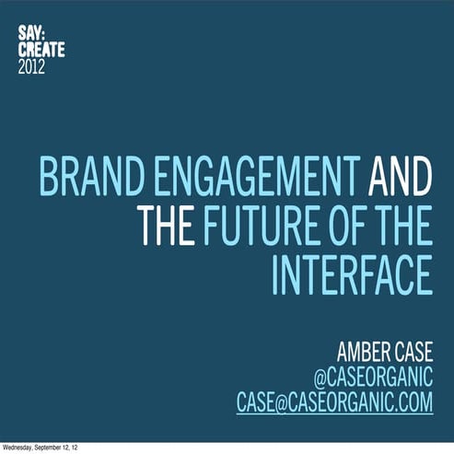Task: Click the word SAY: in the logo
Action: click(29, 33)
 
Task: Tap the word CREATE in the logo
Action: click(42, 51)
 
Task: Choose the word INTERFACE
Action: click(353, 274)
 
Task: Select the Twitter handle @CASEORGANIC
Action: click(373, 378)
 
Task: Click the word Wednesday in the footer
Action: click(19, 448)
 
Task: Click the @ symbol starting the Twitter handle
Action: click(320, 378)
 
